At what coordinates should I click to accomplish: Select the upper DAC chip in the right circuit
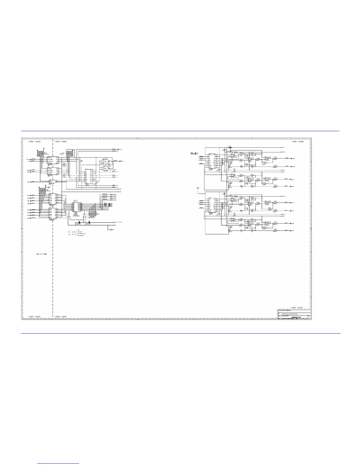tap(212, 160)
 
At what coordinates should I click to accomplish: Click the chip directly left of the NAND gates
tap(89, 177)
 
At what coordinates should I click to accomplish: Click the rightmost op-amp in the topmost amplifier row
tap(267, 158)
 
